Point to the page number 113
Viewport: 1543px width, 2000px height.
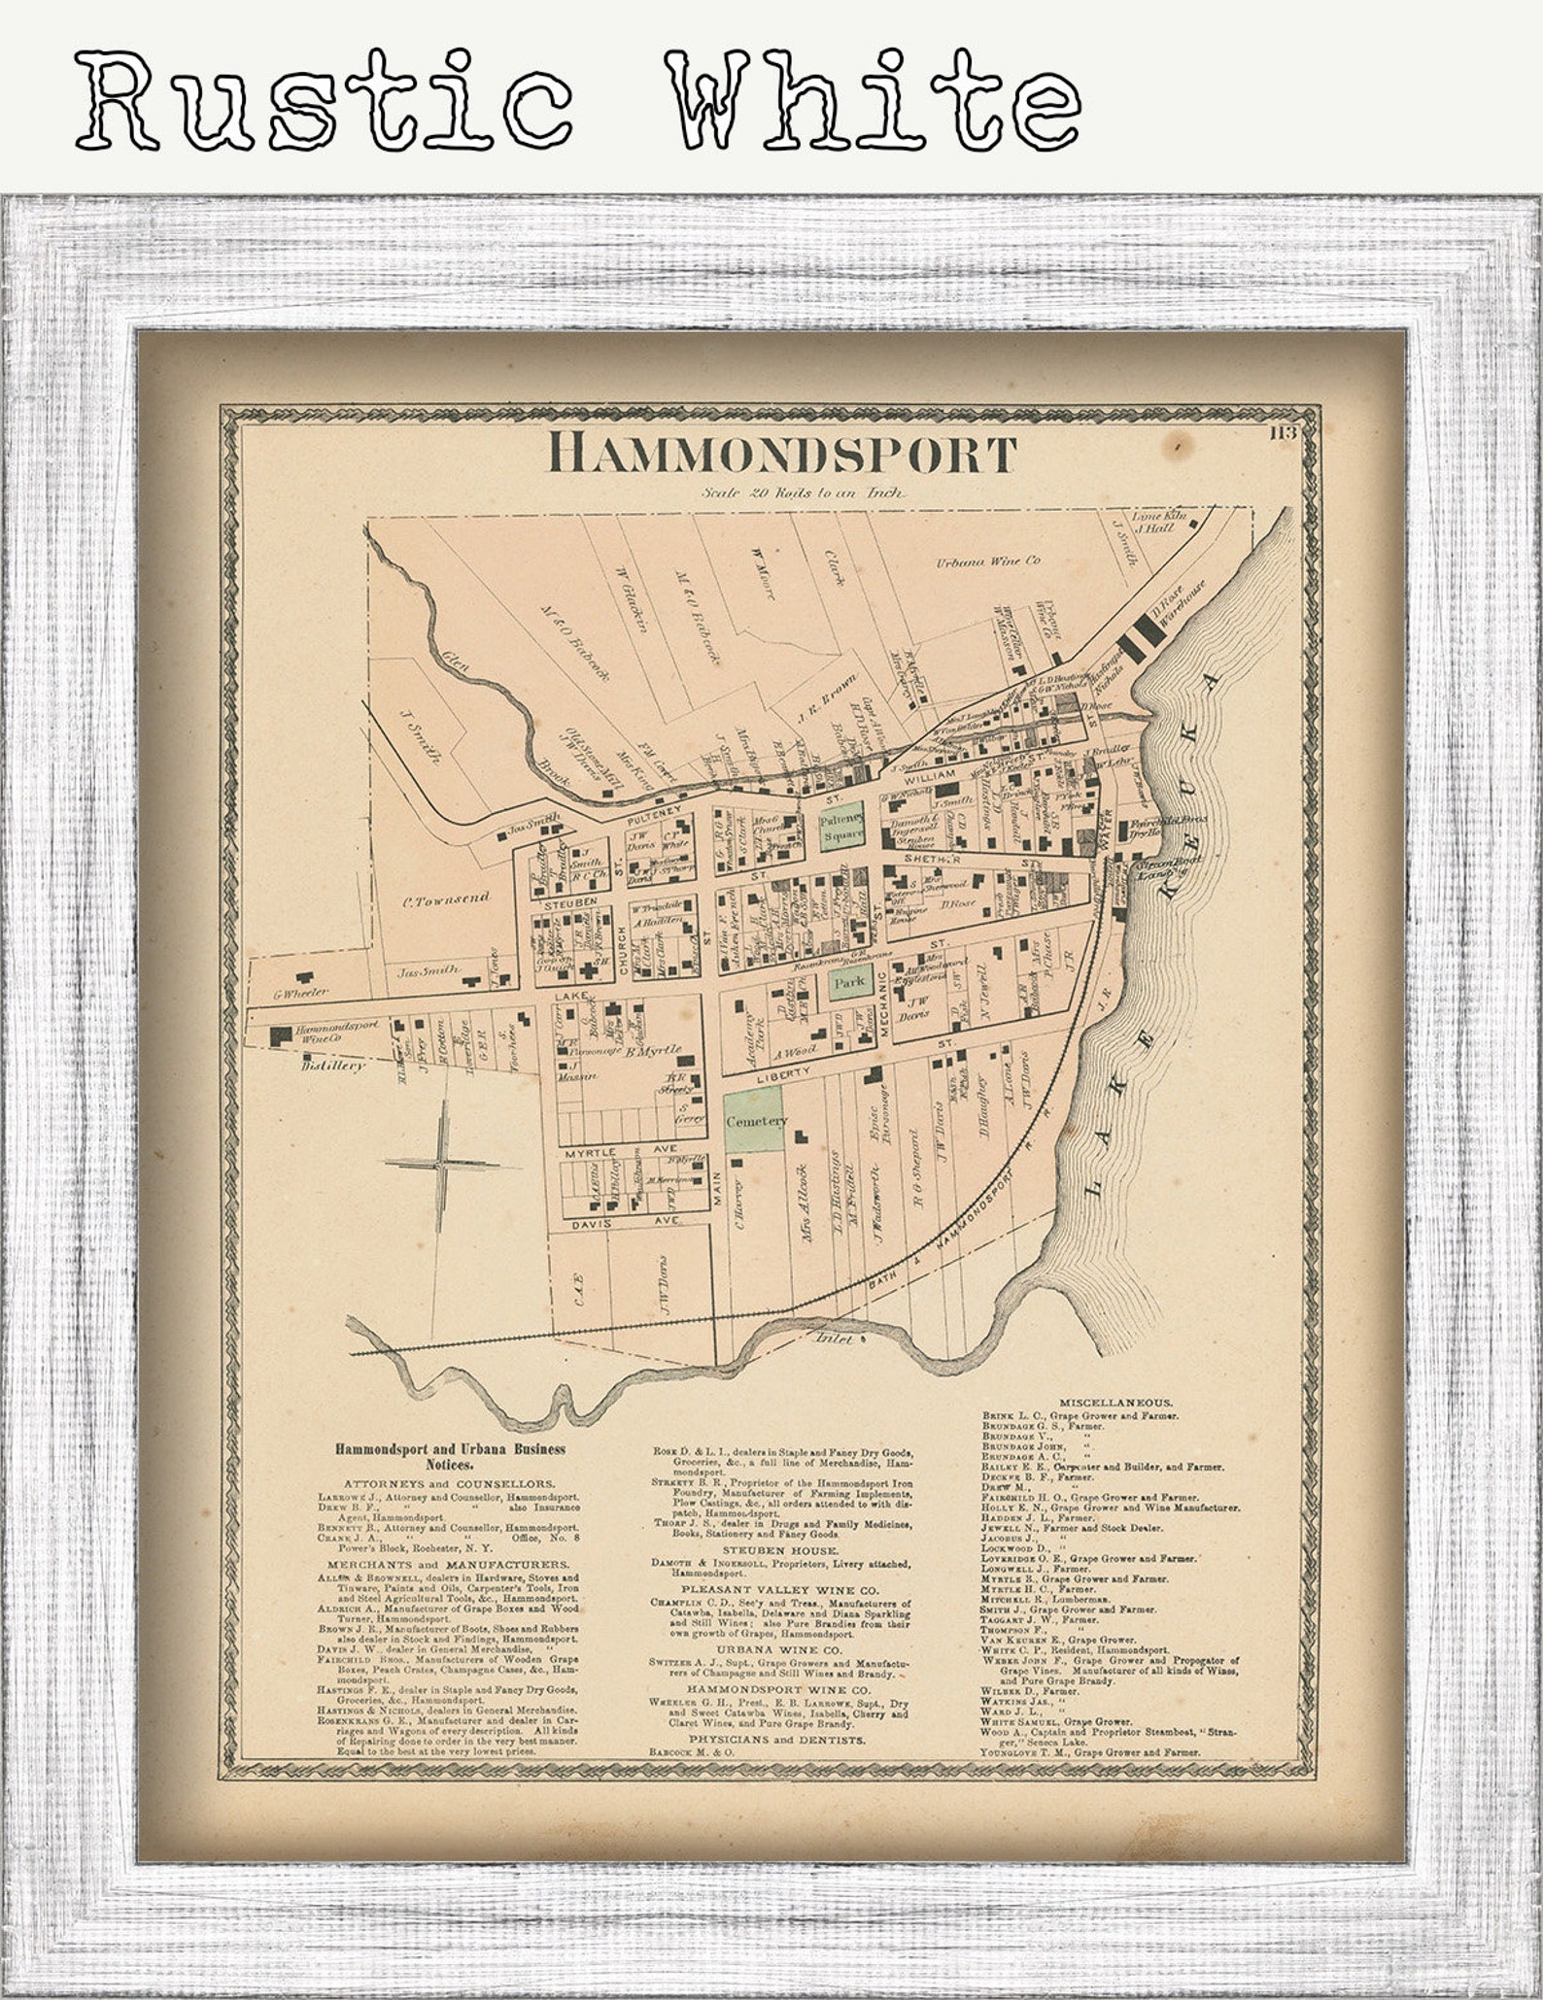(x=1282, y=433)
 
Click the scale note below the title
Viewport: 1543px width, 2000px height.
(x=806, y=493)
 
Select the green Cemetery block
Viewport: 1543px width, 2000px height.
(x=754, y=1121)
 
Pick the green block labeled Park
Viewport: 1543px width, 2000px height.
(x=849, y=982)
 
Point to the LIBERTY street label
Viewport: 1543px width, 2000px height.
(x=784, y=1070)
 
